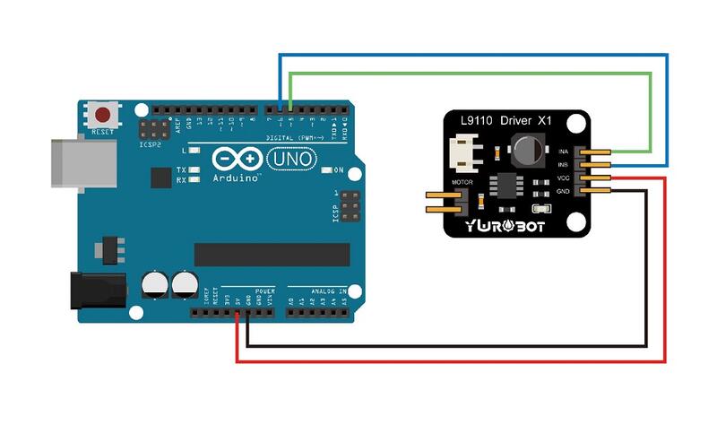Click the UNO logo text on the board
293,159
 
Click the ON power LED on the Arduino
328,169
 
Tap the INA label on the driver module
564,152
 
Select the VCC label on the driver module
564,178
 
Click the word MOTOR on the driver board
462,182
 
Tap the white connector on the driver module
466,151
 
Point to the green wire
466,75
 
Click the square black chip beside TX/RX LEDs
160,178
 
